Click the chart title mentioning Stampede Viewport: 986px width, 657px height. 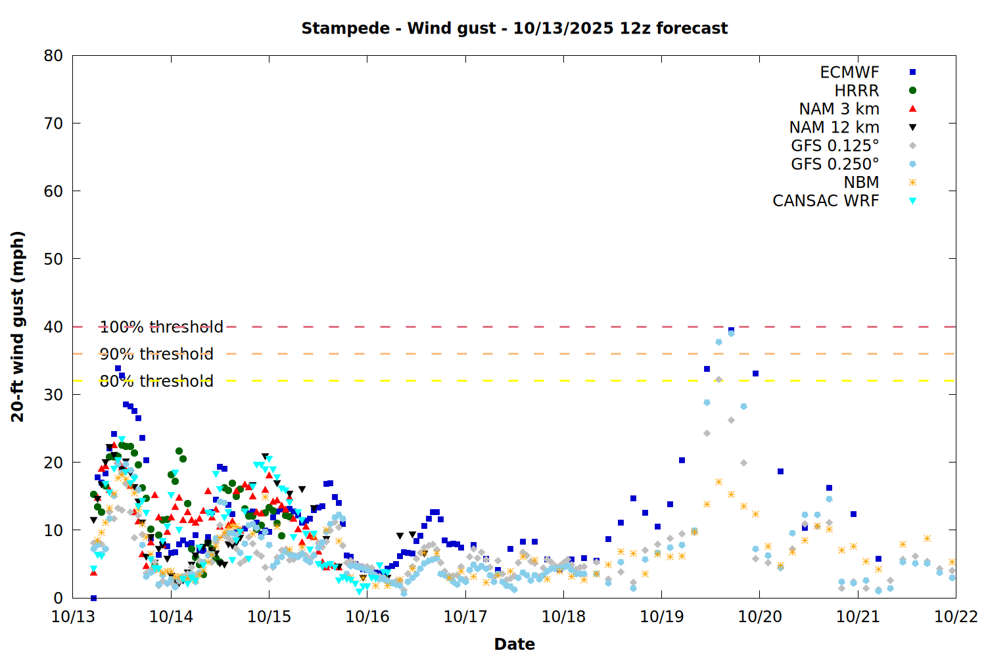pos(514,28)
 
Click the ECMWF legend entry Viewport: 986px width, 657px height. pos(849,72)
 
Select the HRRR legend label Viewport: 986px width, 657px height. pos(857,91)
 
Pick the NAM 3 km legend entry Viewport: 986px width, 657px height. pos(839,109)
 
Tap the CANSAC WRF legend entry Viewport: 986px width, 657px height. pos(826,201)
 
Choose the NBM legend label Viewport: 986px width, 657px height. pos(861,183)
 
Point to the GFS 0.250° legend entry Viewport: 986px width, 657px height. pos(835,164)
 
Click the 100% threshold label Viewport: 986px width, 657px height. pos(161,327)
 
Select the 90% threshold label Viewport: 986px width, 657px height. pos(156,354)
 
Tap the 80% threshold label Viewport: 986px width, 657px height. pos(156,381)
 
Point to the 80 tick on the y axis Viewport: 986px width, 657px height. pos(53,56)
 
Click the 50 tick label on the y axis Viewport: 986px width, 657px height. pos(53,259)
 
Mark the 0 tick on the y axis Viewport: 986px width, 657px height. pos(58,598)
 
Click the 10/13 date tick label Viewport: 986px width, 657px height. pos(73,617)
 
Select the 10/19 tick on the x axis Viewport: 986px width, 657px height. pos(661,617)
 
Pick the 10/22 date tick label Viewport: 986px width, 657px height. pos(956,617)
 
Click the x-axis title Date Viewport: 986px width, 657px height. pos(514,644)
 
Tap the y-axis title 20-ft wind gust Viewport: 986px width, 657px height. pos(18,327)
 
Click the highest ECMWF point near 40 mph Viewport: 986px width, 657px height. pos(731,330)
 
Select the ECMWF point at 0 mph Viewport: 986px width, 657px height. pos(93,598)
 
